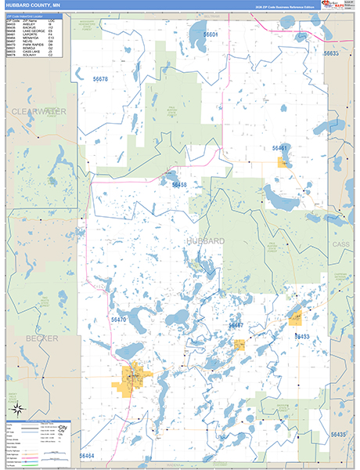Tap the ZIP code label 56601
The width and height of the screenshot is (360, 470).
pos(210,34)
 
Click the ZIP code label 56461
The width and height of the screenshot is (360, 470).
pos(280,148)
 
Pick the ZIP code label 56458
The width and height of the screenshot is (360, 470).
pos(179,185)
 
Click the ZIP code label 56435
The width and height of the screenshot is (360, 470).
pos(338,433)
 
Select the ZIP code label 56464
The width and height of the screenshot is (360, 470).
pos(87,455)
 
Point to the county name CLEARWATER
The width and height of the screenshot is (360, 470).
pos(38,112)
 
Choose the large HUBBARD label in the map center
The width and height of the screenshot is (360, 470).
pos(205,240)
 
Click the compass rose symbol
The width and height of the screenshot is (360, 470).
pos(16,407)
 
